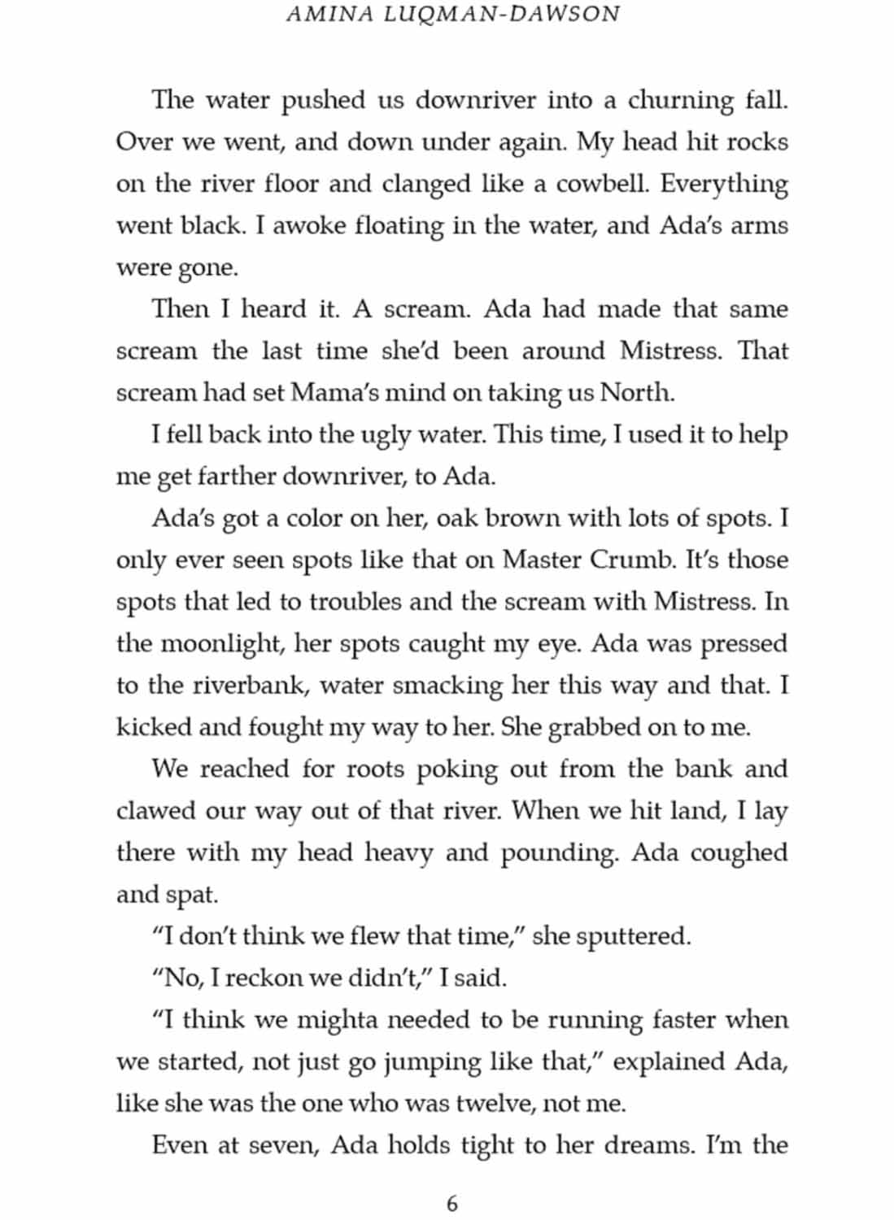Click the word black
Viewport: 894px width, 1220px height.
tap(212, 225)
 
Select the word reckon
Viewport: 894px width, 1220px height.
tap(261, 978)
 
